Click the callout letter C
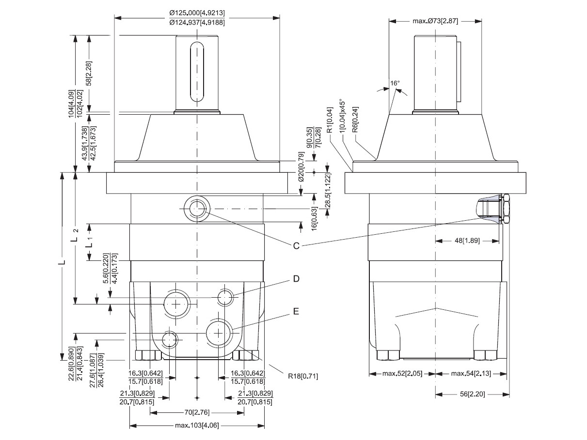296,245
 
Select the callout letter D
296,279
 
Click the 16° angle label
395,83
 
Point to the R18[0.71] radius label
301,375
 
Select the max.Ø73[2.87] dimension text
435,21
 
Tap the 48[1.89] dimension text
467,240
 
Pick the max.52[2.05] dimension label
402,374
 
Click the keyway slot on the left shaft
197,72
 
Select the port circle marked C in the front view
197,209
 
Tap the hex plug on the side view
505,209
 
